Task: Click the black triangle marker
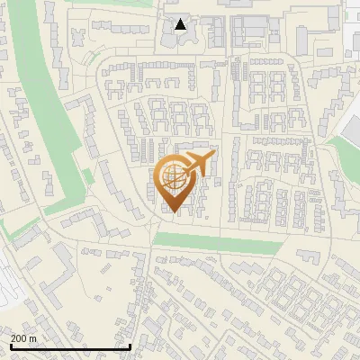[181, 24]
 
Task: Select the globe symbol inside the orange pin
[174, 181]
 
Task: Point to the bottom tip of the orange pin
[173, 212]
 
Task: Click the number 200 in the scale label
[18, 338]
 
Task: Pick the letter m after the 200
[33, 338]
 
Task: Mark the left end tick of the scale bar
[11, 346]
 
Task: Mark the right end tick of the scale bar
[130, 346]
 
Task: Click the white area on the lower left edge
[9, 288]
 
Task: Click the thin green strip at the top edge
[99, 4]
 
